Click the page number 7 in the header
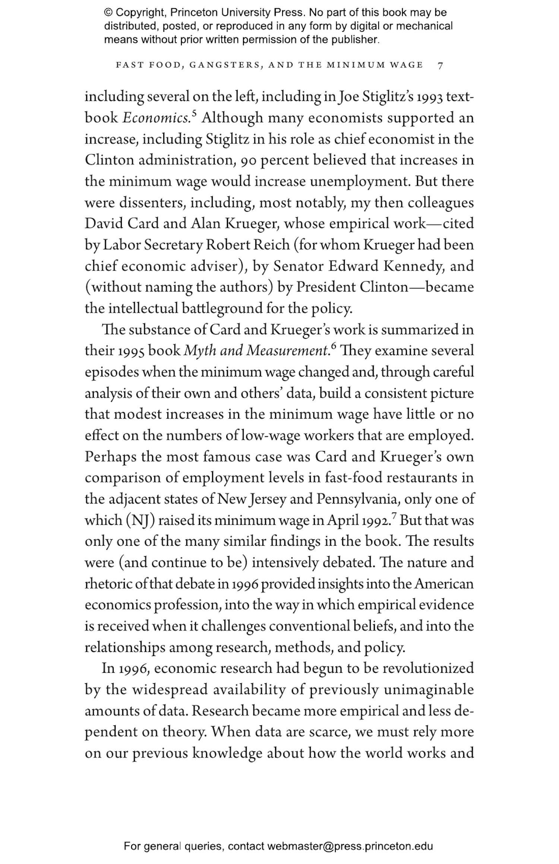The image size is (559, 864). coord(440,66)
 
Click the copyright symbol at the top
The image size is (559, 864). coord(108,13)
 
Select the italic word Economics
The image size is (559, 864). coord(156,118)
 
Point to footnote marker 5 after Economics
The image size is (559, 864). coord(194,113)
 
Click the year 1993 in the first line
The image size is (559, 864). coord(429,97)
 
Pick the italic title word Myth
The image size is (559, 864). coord(199,351)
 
